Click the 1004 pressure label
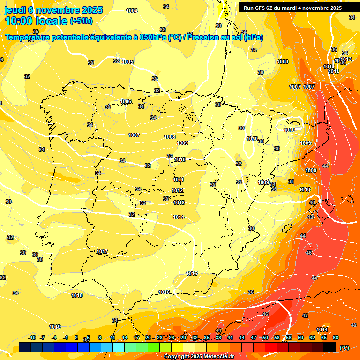tap(132, 11)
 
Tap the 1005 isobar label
tap(127, 62)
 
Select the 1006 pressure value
tap(126, 101)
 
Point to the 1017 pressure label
tap(102, 252)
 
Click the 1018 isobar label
tap(77, 295)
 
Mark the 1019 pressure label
tap(55, 327)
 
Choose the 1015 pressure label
tap(192, 273)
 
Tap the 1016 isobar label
tap(164, 292)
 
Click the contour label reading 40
tap(312, 202)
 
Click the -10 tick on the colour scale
tap(32, 337)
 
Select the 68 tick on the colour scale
tap(336, 337)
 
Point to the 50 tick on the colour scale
tap(265, 337)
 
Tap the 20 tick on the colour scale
tap(148, 337)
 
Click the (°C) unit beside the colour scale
tap(345, 347)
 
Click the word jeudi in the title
tap(15, 10)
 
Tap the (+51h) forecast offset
tap(81, 21)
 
